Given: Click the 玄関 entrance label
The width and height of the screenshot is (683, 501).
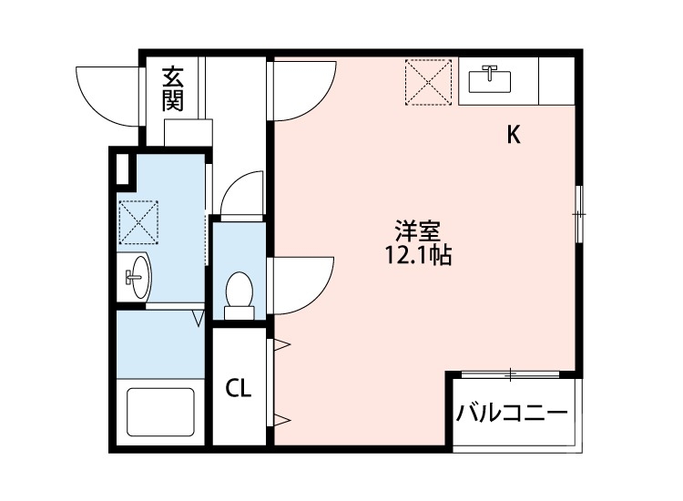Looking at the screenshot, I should pos(172,89).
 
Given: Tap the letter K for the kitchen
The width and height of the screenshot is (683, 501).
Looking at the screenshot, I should pos(514,136).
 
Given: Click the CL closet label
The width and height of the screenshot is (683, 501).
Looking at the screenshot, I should pos(239,389).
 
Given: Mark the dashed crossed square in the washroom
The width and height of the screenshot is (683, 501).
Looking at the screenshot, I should pos(138,222).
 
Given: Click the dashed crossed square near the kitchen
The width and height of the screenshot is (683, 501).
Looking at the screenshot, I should pos(428,80).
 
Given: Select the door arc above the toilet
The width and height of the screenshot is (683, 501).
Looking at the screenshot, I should pos(239,193).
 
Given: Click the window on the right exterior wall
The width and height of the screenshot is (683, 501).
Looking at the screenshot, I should pos(578,213).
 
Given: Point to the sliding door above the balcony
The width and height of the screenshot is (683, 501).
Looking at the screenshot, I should pos(512,373).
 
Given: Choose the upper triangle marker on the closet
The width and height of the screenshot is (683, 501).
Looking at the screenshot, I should pos(281,345).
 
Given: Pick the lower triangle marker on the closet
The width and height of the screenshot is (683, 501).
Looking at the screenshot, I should pos(281,419).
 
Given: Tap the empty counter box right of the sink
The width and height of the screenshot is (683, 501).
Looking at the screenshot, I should pos(557,80).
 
